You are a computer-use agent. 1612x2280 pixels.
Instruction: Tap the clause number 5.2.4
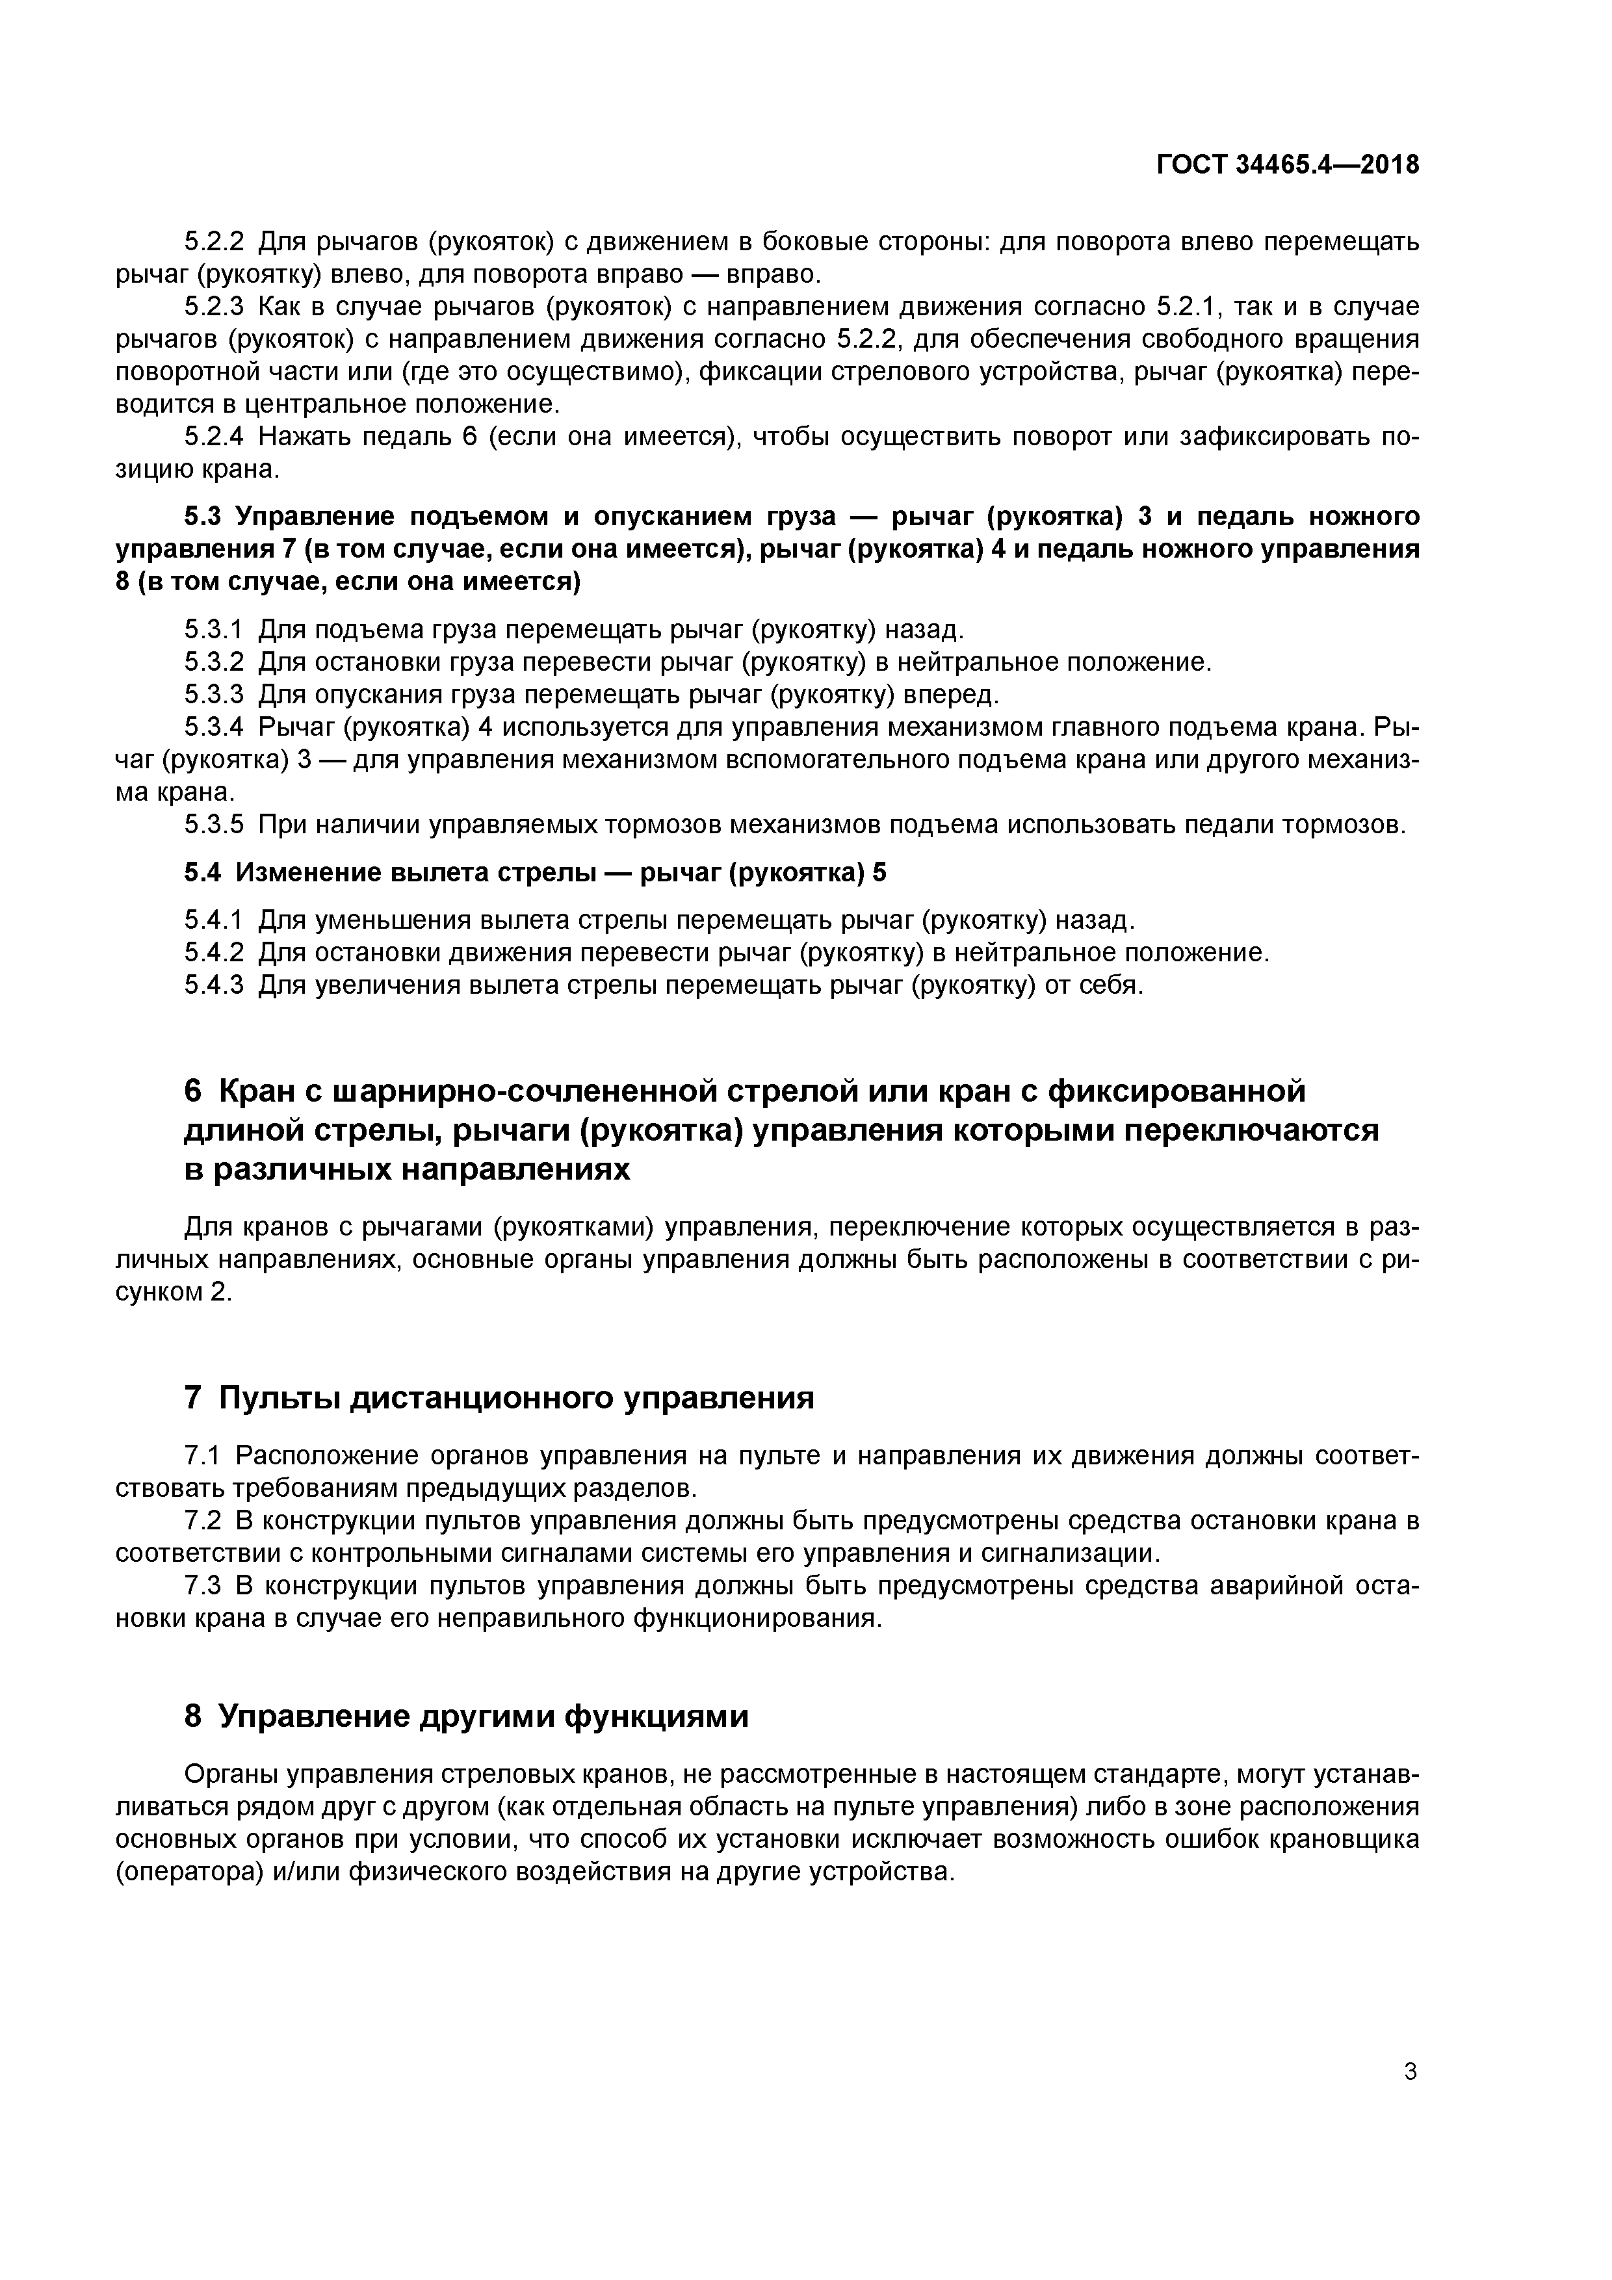(x=214, y=437)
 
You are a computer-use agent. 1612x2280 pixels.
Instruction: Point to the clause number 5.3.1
(x=214, y=630)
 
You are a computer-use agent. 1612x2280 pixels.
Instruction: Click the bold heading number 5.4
(x=205, y=873)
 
